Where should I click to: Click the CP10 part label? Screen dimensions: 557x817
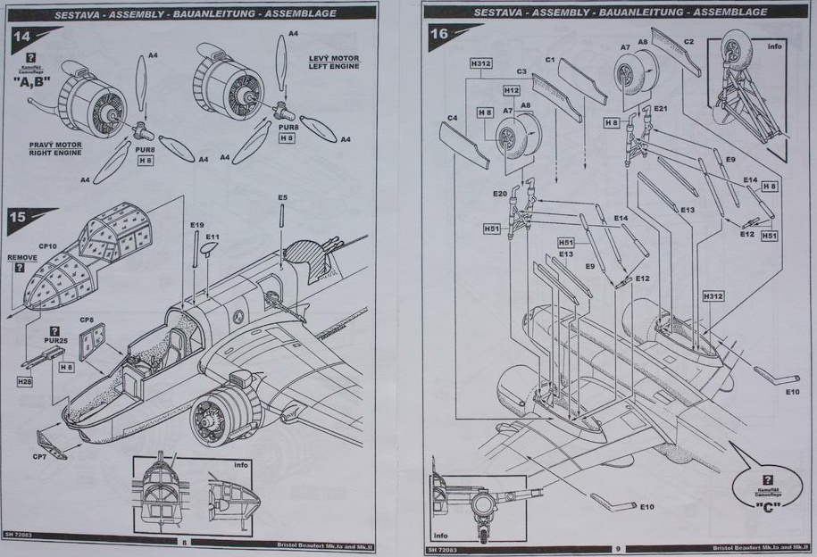46,245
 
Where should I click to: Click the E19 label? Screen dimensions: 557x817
196,225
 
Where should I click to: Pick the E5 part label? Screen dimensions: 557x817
282,196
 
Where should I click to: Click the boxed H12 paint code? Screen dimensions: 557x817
511,90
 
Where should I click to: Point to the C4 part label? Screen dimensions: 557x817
452,118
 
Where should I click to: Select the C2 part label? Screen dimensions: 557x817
688,42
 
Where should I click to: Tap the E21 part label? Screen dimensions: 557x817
660,108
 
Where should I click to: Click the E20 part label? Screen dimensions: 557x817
499,194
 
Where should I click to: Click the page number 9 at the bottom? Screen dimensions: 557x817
616,547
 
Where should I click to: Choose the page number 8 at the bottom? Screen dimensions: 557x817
183,541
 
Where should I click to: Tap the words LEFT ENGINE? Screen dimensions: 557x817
333,66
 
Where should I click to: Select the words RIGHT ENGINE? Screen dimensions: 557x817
55,153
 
